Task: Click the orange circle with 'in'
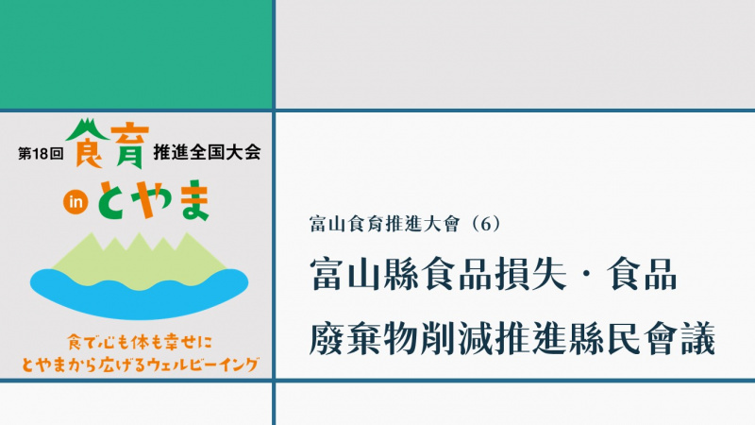click(75, 202)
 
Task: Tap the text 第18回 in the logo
click(41, 153)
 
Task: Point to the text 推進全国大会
click(207, 152)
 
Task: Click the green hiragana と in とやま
click(114, 199)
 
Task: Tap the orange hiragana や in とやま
click(152, 199)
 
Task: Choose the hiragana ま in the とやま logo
click(193, 200)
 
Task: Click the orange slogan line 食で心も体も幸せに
click(140, 343)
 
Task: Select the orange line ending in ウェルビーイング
click(140, 365)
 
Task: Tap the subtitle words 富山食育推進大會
click(385, 225)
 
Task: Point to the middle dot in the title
click(586, 274)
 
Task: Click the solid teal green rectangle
click(136, 54)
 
